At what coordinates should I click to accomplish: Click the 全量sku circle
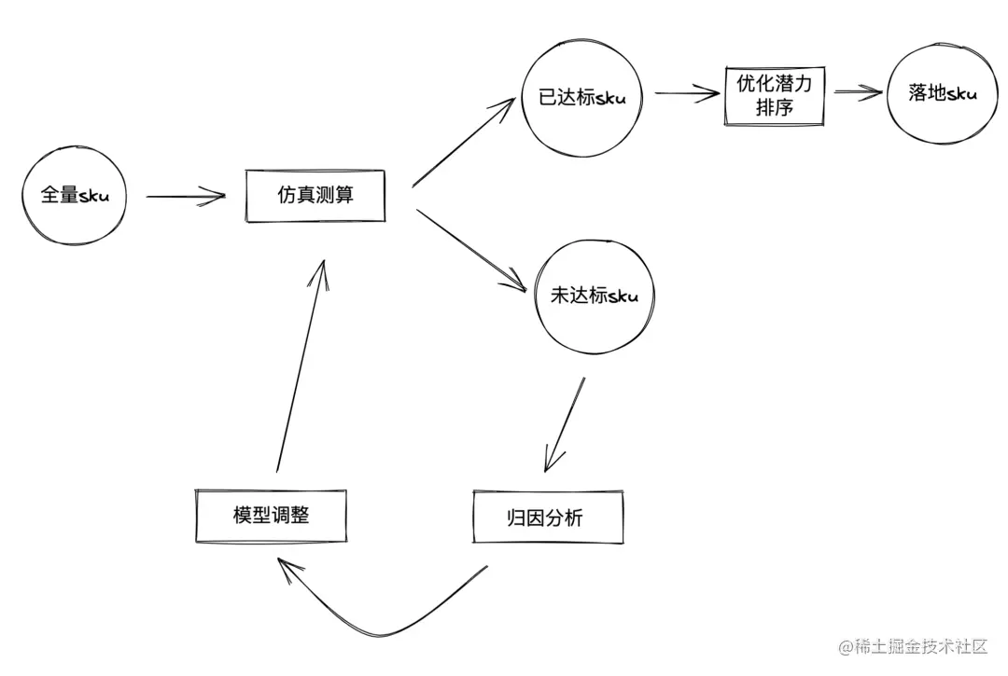tap(75, 197)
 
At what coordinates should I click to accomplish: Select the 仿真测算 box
tap(315, 196)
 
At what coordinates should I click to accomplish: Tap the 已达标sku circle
tap(582, 98)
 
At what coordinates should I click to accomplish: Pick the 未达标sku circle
tap(595, 297)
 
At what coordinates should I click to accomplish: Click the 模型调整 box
tap(271, 515)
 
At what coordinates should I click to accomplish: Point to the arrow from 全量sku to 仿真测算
tap(187, 196)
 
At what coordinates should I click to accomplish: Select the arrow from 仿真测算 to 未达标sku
tap(471, 250)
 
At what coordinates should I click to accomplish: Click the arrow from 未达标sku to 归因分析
tap(566, 424)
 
